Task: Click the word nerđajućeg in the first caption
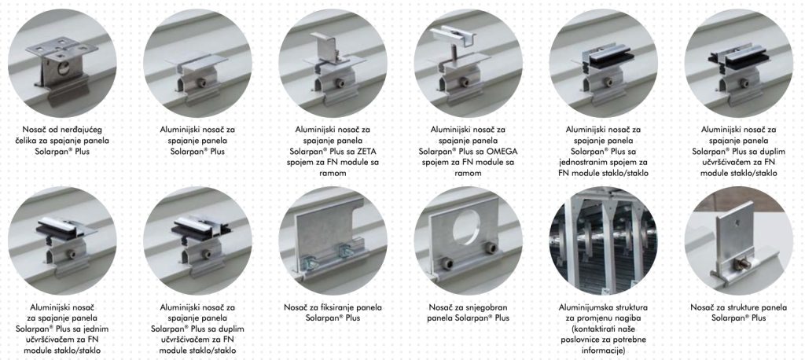[x=83, y=130]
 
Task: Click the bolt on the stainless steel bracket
[x=64, y=68]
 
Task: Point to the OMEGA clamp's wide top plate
[x=450, y=34]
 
